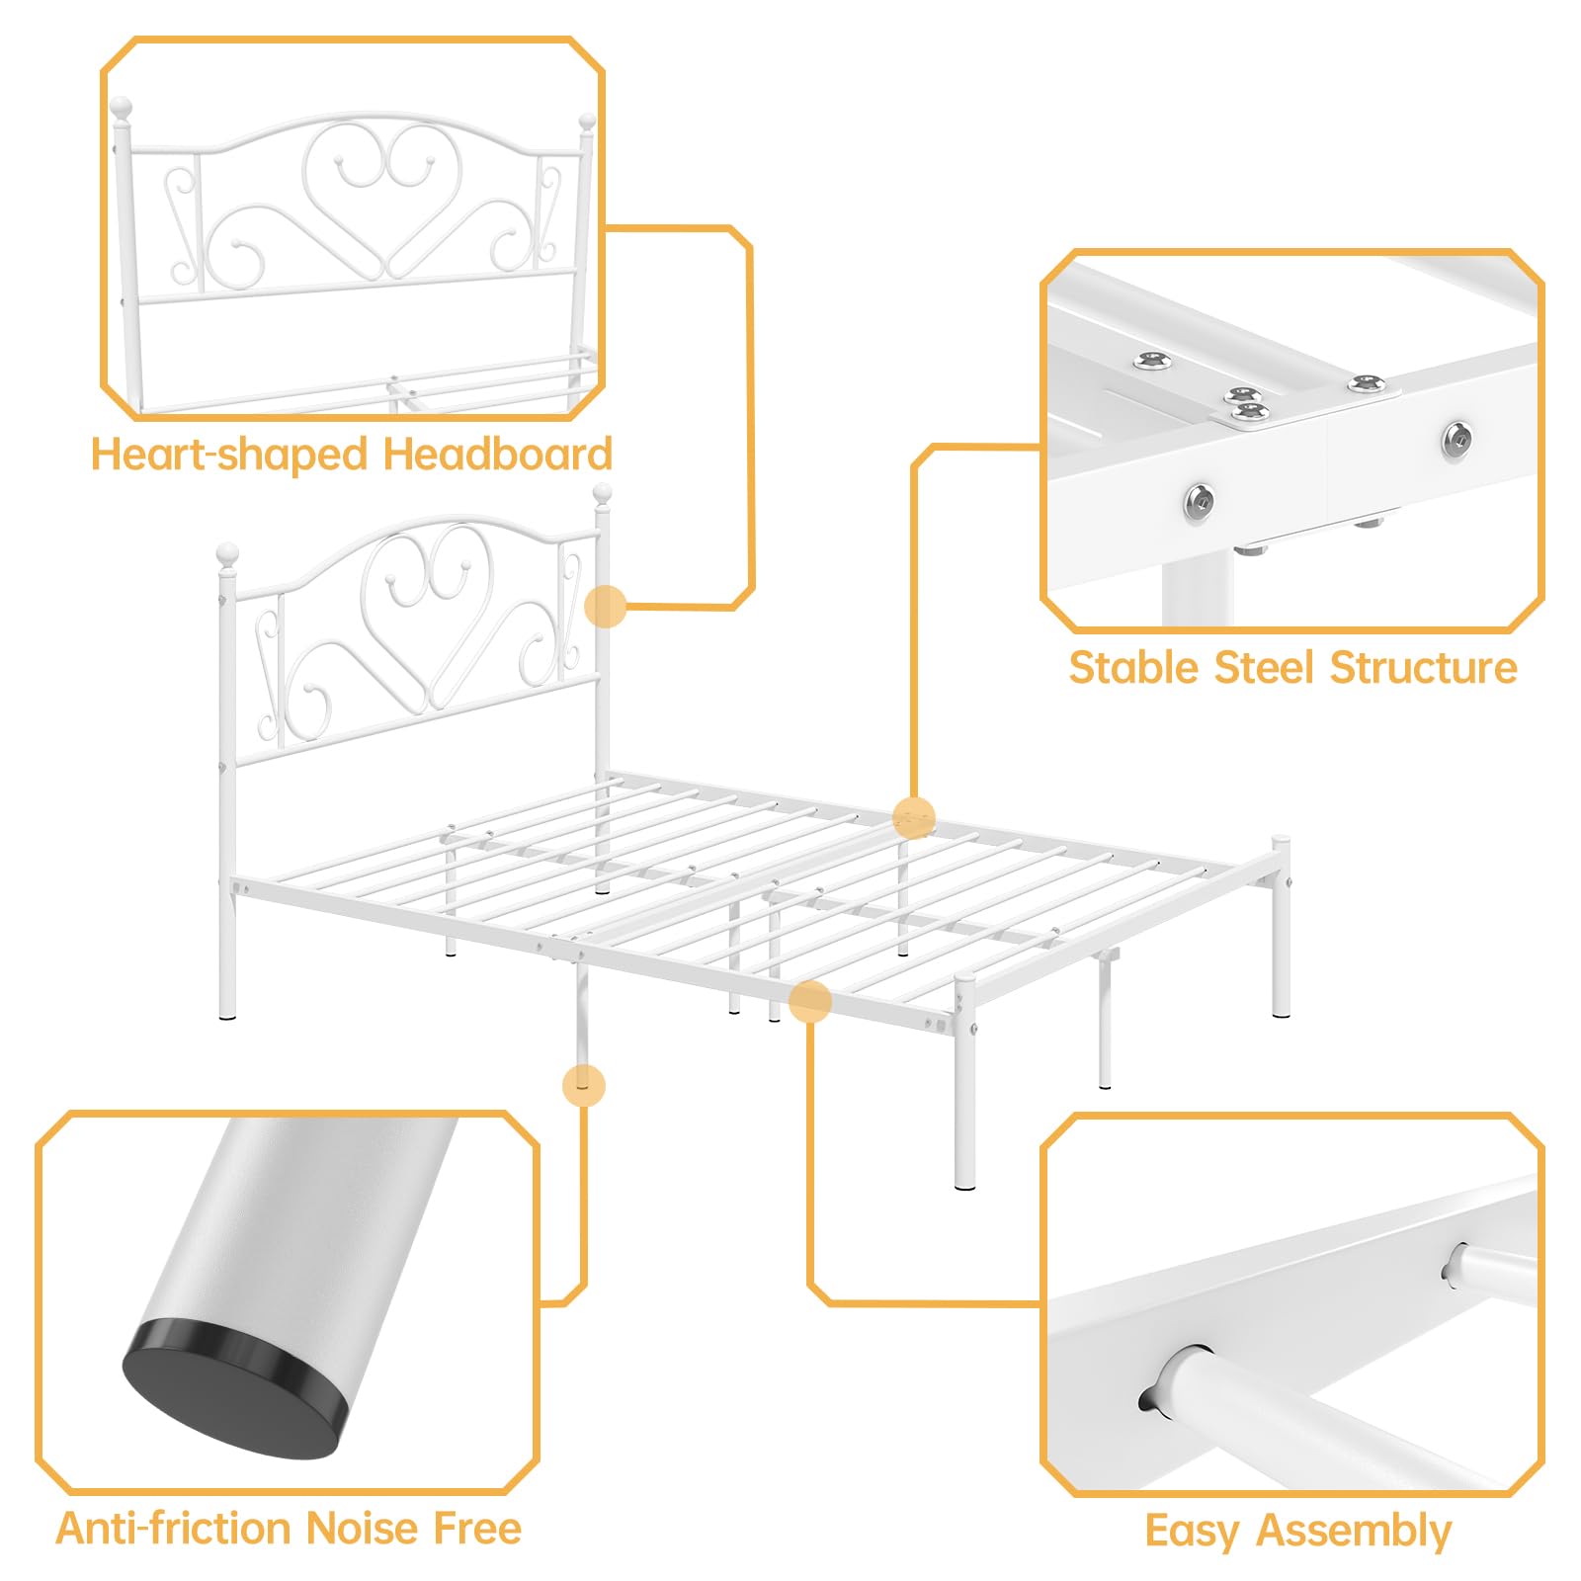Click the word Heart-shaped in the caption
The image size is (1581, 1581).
point(229,455)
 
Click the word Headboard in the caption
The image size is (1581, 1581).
point(498,454)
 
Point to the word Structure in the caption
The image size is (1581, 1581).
point(1424,667)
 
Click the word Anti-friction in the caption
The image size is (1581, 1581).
point(173,1528)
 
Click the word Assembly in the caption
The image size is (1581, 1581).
point(1354,1532)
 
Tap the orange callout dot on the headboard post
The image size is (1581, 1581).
point(606,606)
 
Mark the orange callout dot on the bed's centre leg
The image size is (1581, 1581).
point(583,1085)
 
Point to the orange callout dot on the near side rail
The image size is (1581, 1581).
point(809,1001)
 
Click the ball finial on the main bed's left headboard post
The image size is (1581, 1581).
point(227,553)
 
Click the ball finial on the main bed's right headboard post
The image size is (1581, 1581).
point(602,494)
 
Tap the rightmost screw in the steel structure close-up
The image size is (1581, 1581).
point(1456,439)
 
